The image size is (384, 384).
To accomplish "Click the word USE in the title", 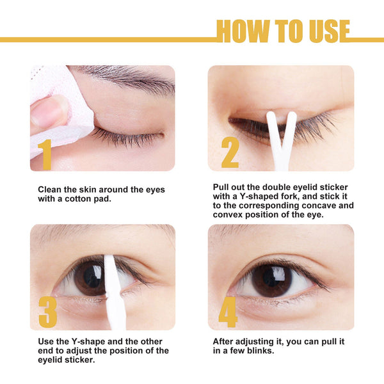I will pos(328,31).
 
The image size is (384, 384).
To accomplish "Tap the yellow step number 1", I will pos(45,154).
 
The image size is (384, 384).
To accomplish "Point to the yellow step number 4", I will pos(228,312).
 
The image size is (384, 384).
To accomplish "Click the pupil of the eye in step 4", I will pos(271,278).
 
